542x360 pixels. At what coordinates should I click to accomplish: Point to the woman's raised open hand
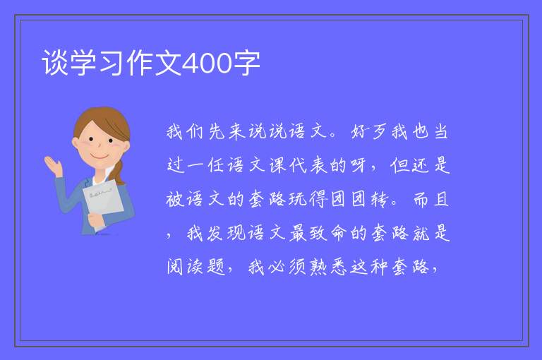[x=53, y=166]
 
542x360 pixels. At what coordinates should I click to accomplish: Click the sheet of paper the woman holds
[x=103, y=201]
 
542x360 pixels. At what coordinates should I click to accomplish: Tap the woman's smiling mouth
[x=100, y=157]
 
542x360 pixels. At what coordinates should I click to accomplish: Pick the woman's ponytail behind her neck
[x=119, y=172]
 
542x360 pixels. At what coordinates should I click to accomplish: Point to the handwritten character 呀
[x=358, y=165]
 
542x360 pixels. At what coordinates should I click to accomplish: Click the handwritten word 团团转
[x=360, y=199]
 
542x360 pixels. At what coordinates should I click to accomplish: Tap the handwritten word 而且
[x=431, y=199]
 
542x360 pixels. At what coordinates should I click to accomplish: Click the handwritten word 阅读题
[x=196, y=267]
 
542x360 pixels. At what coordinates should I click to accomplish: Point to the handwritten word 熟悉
[x=328, y=267]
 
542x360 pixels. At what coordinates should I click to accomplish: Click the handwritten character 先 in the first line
[x=217, y=132]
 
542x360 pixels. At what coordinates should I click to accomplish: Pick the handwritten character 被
[x=175, y=199]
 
